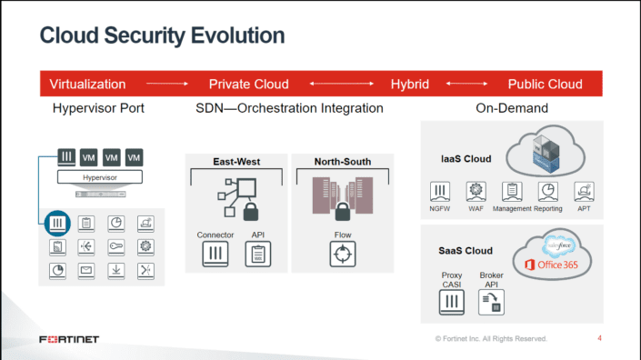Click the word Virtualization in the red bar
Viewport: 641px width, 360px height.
click(x=87, y=84)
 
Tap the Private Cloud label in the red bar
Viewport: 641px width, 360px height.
click(x=248, y=84)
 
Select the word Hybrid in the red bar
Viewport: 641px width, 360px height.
click(x=409, y=84)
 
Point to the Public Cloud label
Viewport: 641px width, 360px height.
click(x=545, y=84)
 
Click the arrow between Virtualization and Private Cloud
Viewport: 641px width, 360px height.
click(x=166, y=84)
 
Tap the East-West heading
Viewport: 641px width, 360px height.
click(x=236, y=162)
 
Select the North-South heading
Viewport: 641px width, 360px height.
click(x=342, y=162)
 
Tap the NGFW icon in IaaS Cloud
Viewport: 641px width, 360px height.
click(x=440, y=191)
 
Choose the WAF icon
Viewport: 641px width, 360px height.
click(x=475, y=191)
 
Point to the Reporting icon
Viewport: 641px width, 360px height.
click(x=547, y=191)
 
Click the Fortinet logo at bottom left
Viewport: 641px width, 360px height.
click(x=69, y=339)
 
